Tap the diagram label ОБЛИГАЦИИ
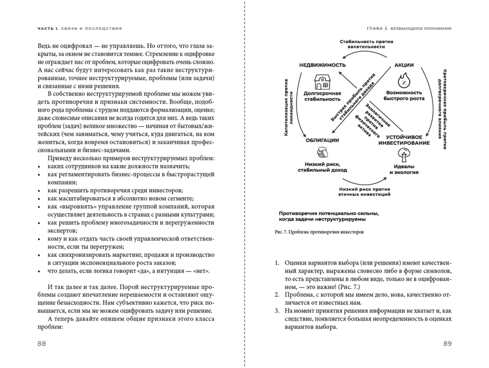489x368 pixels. point(322,140)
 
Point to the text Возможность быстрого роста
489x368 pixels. point(404,95)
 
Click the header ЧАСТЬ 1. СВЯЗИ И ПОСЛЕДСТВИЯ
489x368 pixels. point(80,28)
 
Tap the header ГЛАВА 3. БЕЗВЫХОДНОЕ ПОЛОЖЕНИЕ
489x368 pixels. point(408,28)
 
